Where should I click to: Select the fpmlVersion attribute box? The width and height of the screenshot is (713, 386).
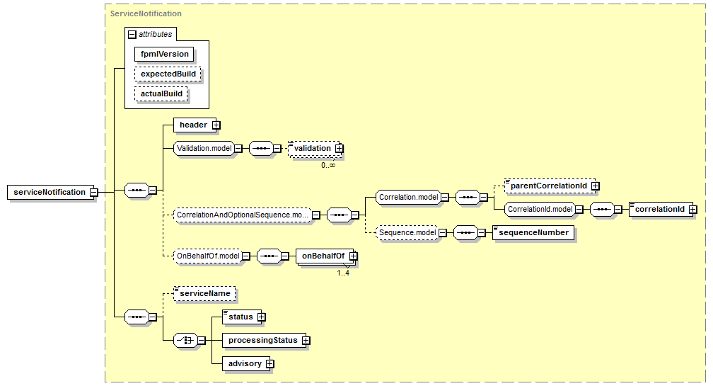tap(164, 54)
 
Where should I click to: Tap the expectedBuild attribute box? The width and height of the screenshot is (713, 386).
tap(168, 74)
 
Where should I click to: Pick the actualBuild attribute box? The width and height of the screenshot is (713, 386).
tap(161, 93)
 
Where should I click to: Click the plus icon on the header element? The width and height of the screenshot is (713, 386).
tap(216, 125)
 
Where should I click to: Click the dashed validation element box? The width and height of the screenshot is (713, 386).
tap(314, 149)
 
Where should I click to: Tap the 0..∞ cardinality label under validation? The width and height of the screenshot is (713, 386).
tap(328, 165)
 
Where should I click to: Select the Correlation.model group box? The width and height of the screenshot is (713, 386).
tap(408, 197)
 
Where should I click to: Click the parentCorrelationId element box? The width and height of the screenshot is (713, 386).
tap(550, 186)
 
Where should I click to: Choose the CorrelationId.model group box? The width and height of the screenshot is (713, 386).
tap(540, 210)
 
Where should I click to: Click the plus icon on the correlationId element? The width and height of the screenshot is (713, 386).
tap(693, 210)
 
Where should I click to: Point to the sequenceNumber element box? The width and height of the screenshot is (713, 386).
tap(533, 232)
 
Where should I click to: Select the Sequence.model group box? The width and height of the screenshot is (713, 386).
tap(407, 232)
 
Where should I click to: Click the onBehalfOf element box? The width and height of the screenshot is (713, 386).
tap(325, 256)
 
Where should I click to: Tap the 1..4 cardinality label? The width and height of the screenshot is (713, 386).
tap(343, 273)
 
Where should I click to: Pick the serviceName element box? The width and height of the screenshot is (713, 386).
tap(204, 294)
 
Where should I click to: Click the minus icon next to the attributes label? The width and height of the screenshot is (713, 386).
tap(132, 34)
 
